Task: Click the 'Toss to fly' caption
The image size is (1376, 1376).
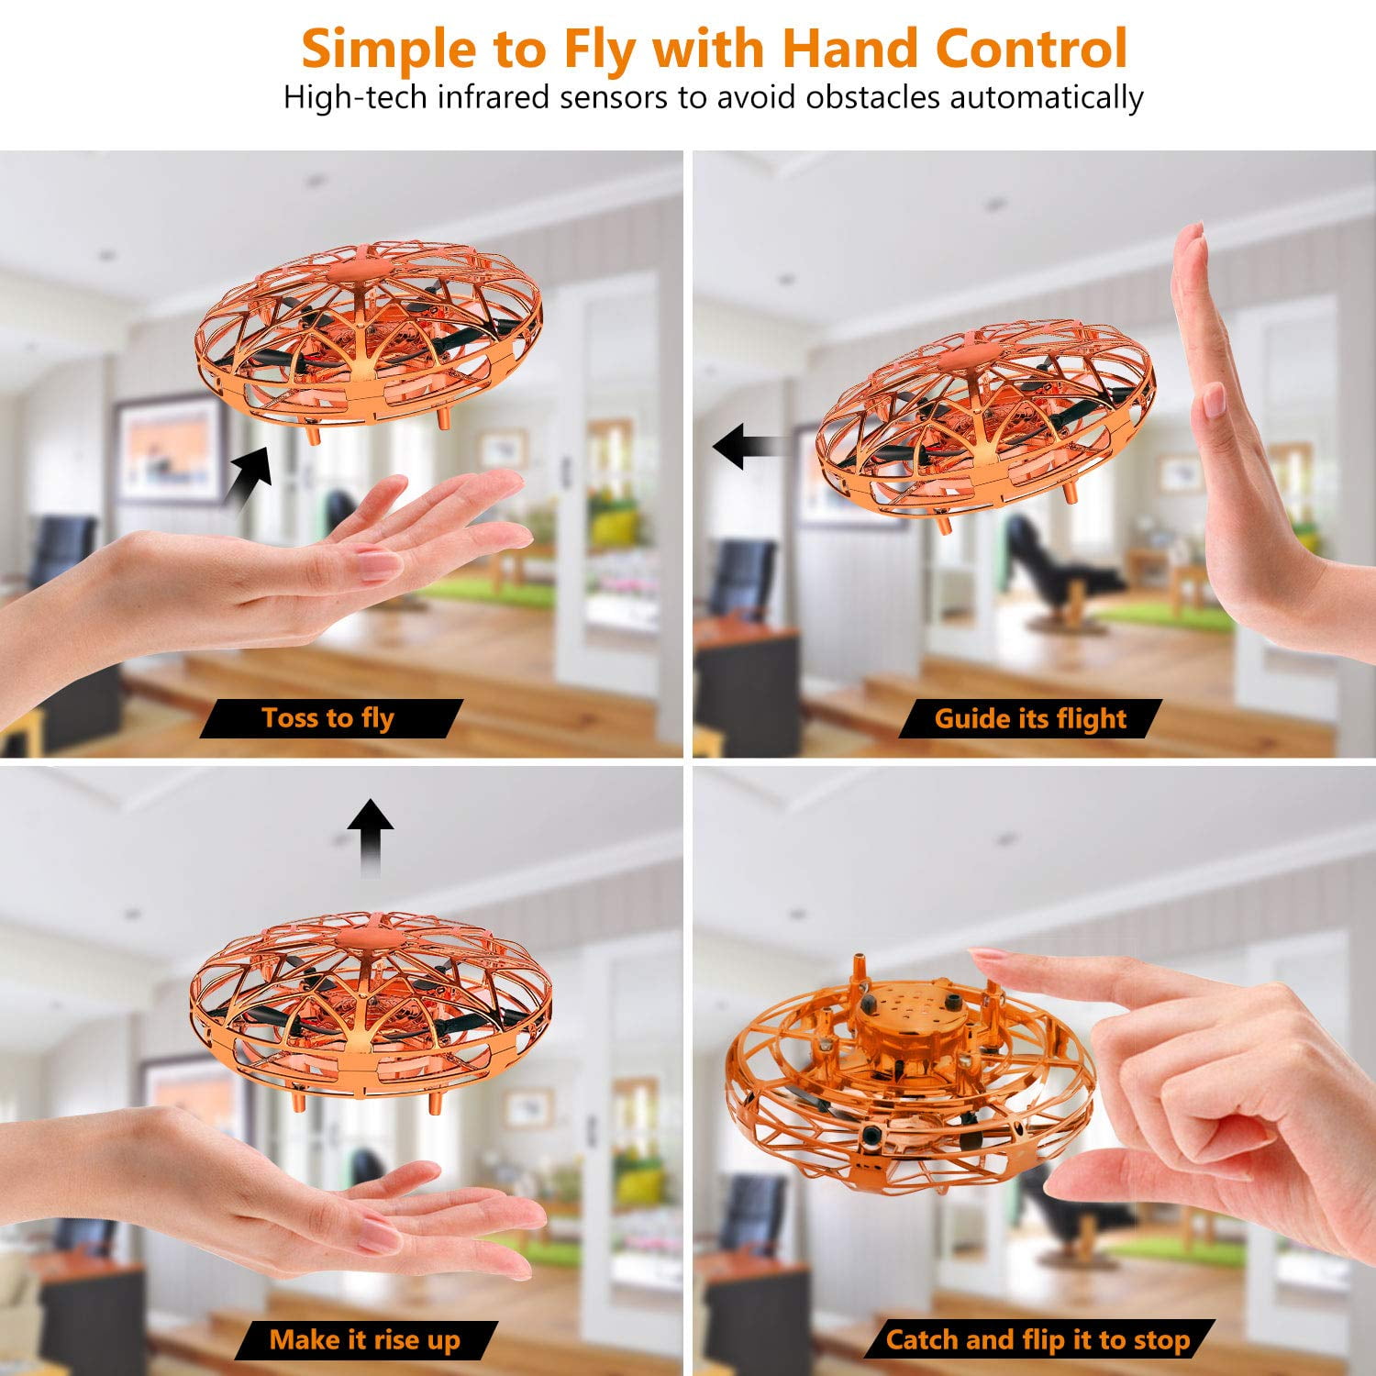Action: coord(328,718)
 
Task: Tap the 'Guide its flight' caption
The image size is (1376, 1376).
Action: coord(1029,718)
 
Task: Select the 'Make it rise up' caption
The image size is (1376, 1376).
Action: coord(364,1340)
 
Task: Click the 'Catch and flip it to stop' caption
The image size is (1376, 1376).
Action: coord(1038,1340)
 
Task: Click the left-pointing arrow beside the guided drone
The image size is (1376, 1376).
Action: coord(748,447)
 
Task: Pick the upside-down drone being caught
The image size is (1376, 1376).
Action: coord(908,1069)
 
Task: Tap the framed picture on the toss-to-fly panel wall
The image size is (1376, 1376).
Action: coord(170,447)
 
